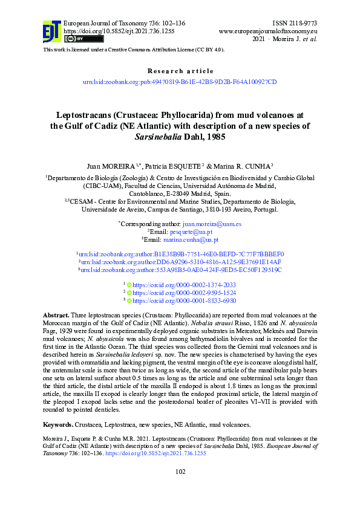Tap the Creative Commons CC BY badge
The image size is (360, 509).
pos(75,39)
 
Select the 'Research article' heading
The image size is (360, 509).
pos(180,71)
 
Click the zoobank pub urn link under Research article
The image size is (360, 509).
pos(180,81)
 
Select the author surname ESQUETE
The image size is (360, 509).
pos(186,165)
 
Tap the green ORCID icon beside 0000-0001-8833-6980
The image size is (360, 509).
pos(129,300)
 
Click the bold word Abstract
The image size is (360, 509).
pos(56,316)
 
